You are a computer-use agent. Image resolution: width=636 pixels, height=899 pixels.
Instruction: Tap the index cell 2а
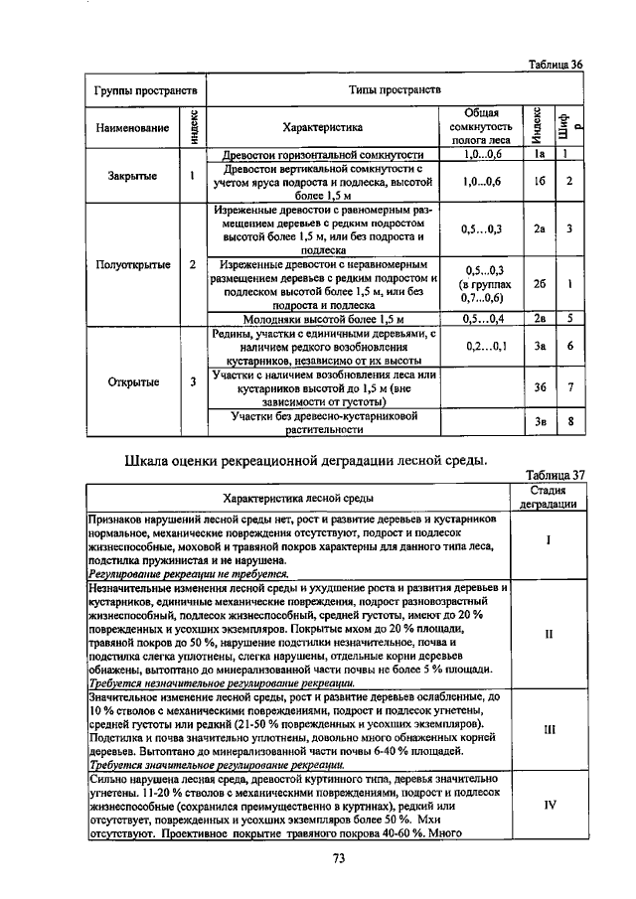pos(539,229)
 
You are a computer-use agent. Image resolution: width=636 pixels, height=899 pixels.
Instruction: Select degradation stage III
pos(549,728)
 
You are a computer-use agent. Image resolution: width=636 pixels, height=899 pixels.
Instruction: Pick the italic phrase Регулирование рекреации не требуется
pos(188,573)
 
